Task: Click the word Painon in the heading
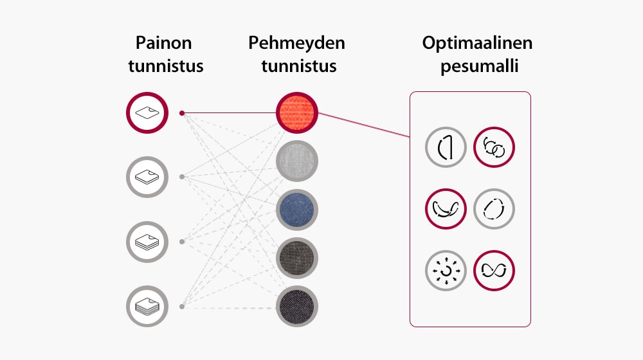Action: pyautogui.click(x=163, y=44)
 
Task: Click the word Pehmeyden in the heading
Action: pyautogui.click(x=296, y=44)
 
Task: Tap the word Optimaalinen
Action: pyautogui.click(x=477, y=44)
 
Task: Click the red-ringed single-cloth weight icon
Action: pyautogui.click(x=147, y=113)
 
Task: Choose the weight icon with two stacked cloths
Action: pyautogui.click(x=147, y=176)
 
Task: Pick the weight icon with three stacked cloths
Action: pyautogui.click(x=147, y=242)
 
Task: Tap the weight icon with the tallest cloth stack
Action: pyautogui.click(x=147, y=306)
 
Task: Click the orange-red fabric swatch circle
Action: pyautogui.click(x=297, y=113)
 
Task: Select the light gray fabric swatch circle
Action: pyautogui.click(x=297, y=161)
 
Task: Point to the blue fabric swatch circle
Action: pyautogui.click(x=297, y=210)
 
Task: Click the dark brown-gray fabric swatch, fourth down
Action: pyautogui.click(x=297, y=258)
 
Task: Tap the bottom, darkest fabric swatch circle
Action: pyautogui.click(x=297, y=306)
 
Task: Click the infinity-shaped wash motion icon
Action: pyautogui.click(x=494, y=271)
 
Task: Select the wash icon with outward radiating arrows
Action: pyautogui.click(x=446, y=271)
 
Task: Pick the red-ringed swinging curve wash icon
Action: pyautogui.click(x=446, y=209)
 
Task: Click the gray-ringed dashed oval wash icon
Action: pyautogui.click(x=494, y=209)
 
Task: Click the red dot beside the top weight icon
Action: pyautogui.click(x=182, y=113)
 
